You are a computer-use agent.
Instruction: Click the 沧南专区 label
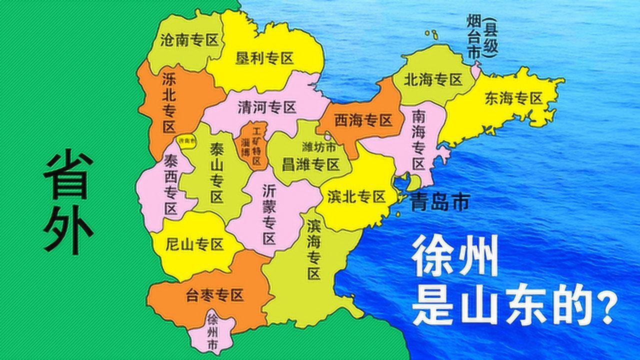click(190, 41)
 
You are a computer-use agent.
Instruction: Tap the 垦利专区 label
click(264, 58)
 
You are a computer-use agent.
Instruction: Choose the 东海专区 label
click(513, 99)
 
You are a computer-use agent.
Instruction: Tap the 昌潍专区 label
click(310, 164)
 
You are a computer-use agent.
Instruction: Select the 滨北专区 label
click(356, 196)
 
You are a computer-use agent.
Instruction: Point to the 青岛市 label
click(439, 202)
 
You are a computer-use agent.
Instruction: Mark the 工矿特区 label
click(257, 145)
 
